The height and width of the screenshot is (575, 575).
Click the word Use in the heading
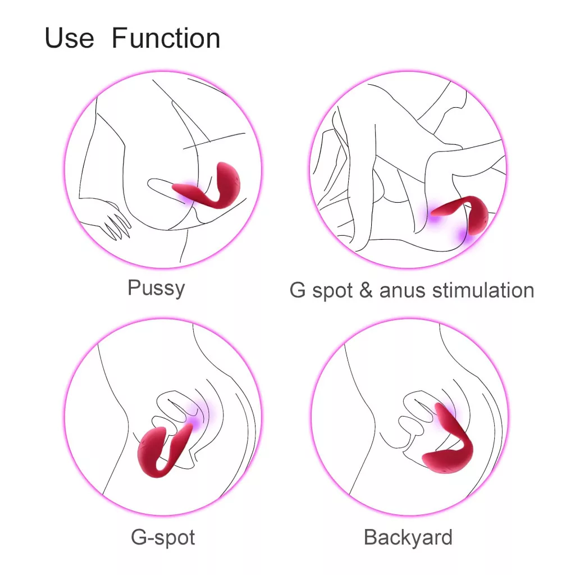click(x=69, y=38)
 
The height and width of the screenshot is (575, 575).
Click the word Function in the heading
click(x=166, y=38)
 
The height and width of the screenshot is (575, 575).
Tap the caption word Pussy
click(x=156, y=289)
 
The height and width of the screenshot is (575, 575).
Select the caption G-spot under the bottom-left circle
click(x=163, y=538)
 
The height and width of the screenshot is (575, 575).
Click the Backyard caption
click(x=408, y=538)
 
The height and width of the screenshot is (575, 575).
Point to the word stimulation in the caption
click(x=483, y=290)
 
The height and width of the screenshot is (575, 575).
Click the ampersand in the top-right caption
click(x=366, y=290)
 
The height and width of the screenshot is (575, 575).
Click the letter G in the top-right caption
click(x=298, y=290)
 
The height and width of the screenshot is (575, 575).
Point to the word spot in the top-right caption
click(x=332, y=292)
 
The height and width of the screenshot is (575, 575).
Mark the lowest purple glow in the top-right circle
click(x=465, y=234)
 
